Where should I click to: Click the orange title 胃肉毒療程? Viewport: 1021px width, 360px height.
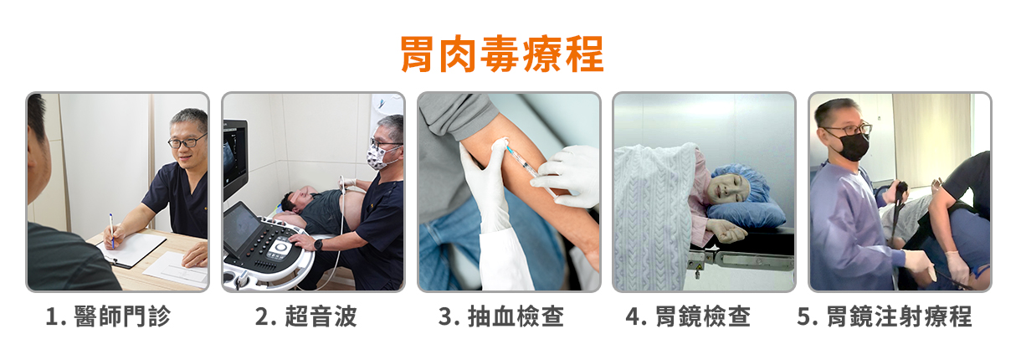coord(502,54)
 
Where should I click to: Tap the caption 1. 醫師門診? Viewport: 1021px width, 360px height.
coord(109,316)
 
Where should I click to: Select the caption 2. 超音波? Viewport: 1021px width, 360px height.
coord(305,316)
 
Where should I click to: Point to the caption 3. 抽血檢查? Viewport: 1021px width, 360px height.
coord(501,316)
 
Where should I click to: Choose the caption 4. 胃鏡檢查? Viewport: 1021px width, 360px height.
coord(688,316)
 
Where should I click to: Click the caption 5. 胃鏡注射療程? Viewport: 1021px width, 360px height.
coord(885,316)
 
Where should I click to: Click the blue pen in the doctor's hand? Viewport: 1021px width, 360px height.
coord(111,230)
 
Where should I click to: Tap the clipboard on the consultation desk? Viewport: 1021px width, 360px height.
coord(131,249)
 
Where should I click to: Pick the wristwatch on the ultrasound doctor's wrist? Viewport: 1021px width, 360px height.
coord(318,244)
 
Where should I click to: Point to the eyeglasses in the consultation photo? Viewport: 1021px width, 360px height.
coord(187,141)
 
